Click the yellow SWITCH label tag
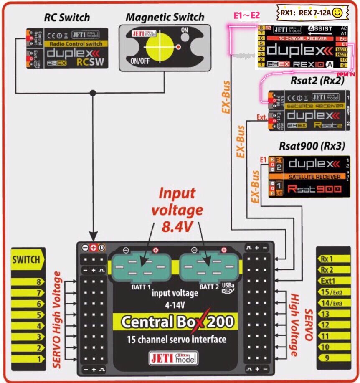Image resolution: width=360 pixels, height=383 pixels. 26,259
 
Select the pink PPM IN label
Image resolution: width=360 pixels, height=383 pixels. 345,74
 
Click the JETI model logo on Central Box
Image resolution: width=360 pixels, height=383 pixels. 173,358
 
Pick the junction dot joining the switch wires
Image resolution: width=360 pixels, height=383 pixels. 93,93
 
